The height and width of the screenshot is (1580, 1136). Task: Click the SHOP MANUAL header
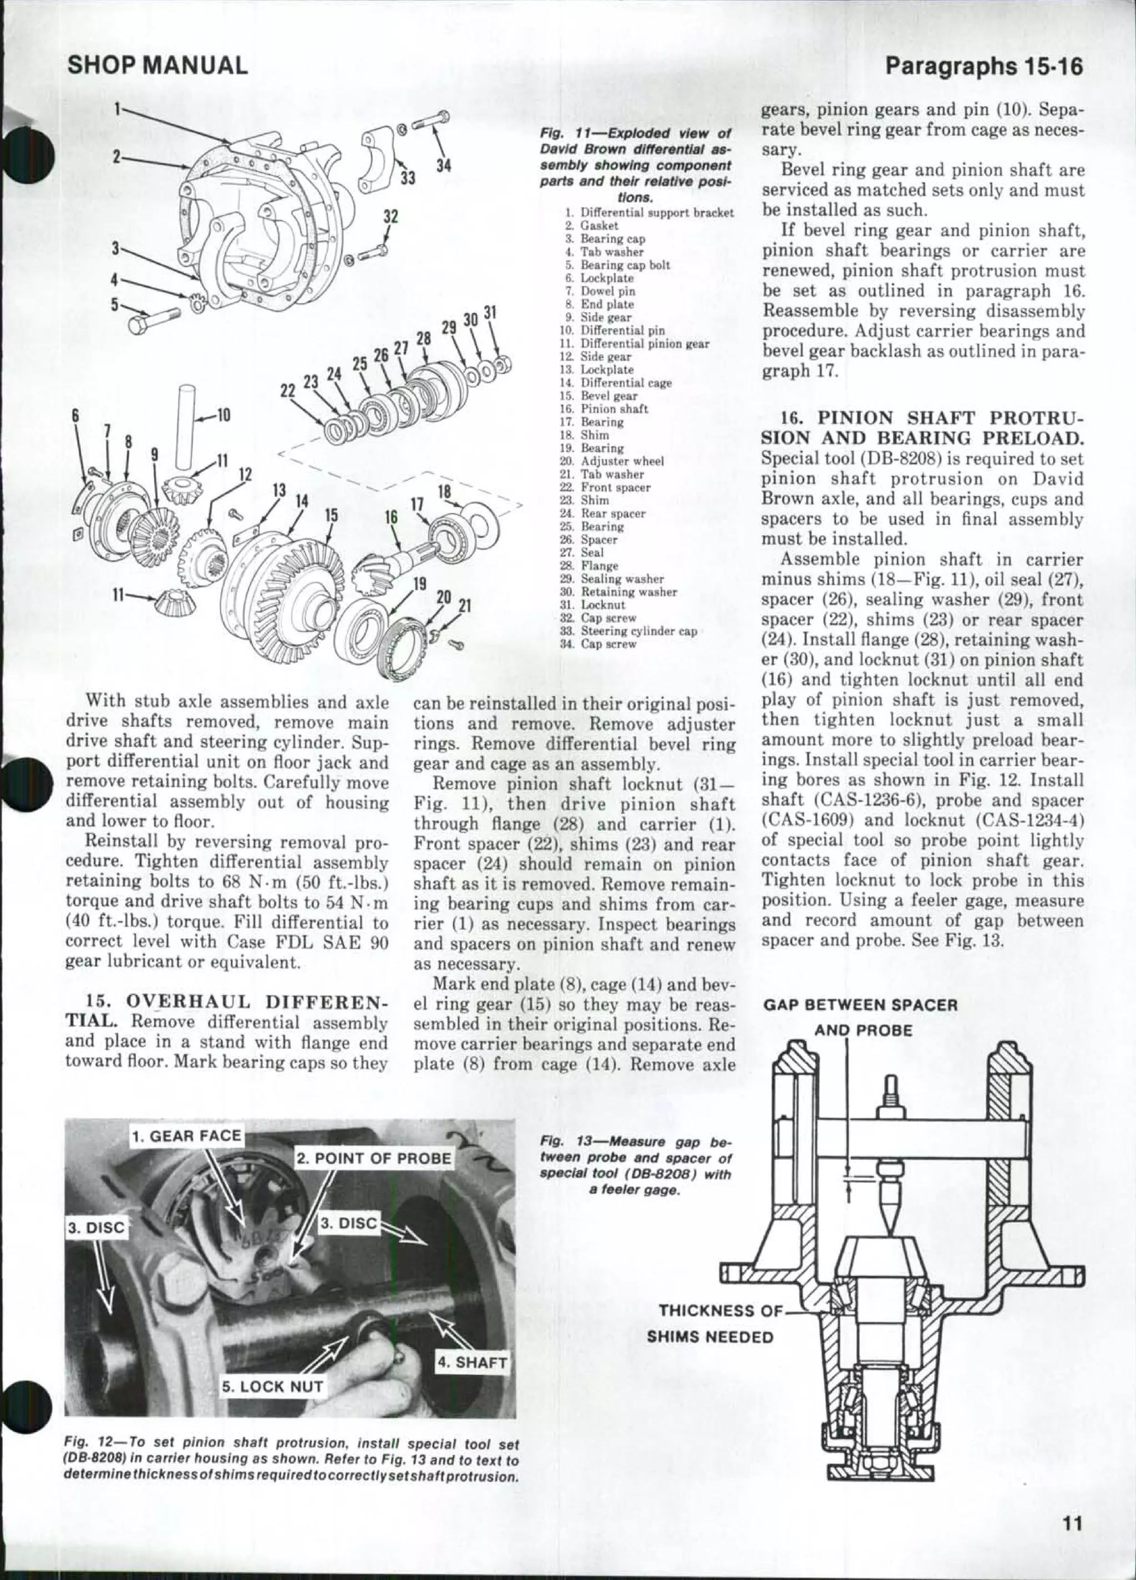click(x=157, y=65)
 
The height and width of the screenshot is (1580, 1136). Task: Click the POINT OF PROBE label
click(x=374, y=1159)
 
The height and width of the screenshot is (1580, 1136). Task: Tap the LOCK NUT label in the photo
click(x=272, y=1387)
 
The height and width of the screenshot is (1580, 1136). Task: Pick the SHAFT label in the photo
click(x=473, y=1362)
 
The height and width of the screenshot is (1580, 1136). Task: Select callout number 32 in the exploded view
click(x=390, y=217)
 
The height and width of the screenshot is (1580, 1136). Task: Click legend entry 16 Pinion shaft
click(x=613, y=409)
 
